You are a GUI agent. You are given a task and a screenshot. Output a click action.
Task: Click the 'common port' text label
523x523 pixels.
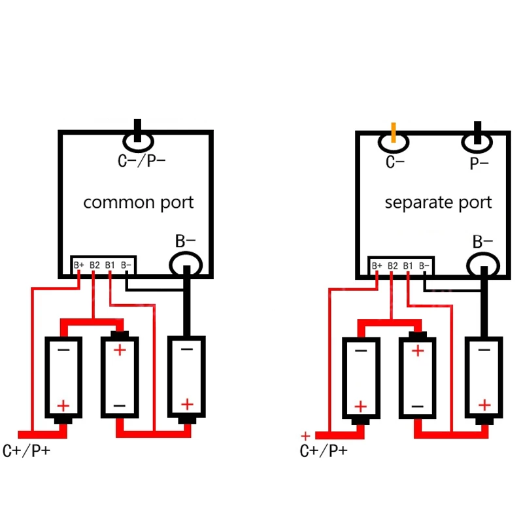coord(139,203)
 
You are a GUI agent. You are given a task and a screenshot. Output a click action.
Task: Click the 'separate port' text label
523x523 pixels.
coord(438,203)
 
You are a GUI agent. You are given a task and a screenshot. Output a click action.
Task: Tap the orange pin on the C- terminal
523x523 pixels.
coord(394,133)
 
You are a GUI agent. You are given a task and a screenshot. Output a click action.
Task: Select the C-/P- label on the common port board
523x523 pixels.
coord(141,161)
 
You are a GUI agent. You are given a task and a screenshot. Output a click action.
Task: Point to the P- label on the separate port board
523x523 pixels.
coord(479,163)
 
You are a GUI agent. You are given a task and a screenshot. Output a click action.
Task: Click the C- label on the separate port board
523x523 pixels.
coord(395,162)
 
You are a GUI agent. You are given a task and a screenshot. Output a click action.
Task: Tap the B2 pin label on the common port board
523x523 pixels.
coord(95,265)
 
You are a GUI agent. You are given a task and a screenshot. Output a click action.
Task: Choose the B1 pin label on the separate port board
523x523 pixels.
coord(408,266)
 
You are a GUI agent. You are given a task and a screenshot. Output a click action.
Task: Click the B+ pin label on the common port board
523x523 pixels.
coord(79,265)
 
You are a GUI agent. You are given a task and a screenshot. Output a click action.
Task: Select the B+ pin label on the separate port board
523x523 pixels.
coord(377,266)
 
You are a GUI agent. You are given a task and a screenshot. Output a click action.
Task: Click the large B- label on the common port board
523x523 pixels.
coord(186,241)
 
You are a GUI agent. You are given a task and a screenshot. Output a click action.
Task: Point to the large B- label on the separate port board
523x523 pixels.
coord(482,241)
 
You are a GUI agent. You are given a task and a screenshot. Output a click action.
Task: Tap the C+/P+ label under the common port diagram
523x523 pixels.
coord(26,450)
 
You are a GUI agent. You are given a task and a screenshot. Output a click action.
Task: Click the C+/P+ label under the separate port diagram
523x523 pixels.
coord(324,450)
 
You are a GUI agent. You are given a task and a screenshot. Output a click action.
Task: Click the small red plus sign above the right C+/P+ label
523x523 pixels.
coord(305,436)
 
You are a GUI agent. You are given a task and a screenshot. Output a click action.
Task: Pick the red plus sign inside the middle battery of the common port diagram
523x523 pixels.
coord(120,350)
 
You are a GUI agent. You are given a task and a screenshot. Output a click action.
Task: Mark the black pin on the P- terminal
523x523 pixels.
coord(478,133)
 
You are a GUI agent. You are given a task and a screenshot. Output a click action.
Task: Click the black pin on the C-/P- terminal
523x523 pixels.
coord(137,130)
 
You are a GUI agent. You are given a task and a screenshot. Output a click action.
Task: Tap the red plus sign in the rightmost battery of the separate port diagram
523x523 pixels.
coord(484,405)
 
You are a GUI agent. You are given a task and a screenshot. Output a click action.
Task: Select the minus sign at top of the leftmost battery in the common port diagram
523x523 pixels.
coord(63,350)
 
